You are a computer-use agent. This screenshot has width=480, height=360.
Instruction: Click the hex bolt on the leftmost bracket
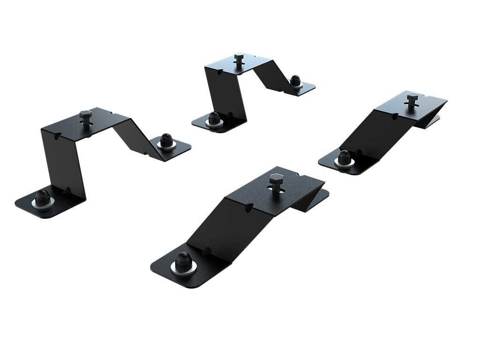(85, 114)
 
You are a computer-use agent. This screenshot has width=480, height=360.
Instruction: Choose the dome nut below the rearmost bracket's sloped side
(295, 81)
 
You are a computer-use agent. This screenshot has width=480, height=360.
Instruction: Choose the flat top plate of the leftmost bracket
(89, 124)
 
